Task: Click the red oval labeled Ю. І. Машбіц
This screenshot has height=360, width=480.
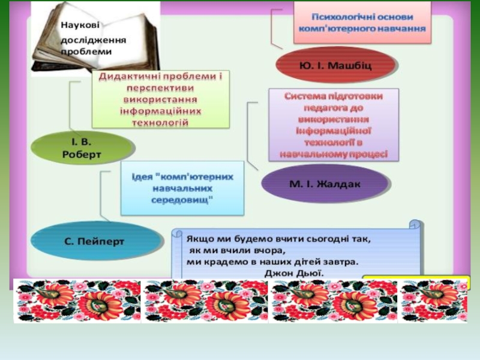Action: (x=335, y=64)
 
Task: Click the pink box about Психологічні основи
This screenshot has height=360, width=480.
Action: (x=362, y=22)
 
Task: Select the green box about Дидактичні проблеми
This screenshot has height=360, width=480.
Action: (x=160, y=100)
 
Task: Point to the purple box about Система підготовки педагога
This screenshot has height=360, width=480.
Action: (x=334, y=125)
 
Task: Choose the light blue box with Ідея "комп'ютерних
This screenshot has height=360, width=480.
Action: (x=182, y=188)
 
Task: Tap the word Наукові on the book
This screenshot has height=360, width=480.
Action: (x=80, y=25)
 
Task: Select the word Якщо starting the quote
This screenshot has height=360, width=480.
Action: (x=198, y=238)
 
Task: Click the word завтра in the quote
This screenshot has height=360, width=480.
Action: (x=341, y=262)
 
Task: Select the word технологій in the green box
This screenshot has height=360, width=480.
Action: (x=160, y=122)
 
